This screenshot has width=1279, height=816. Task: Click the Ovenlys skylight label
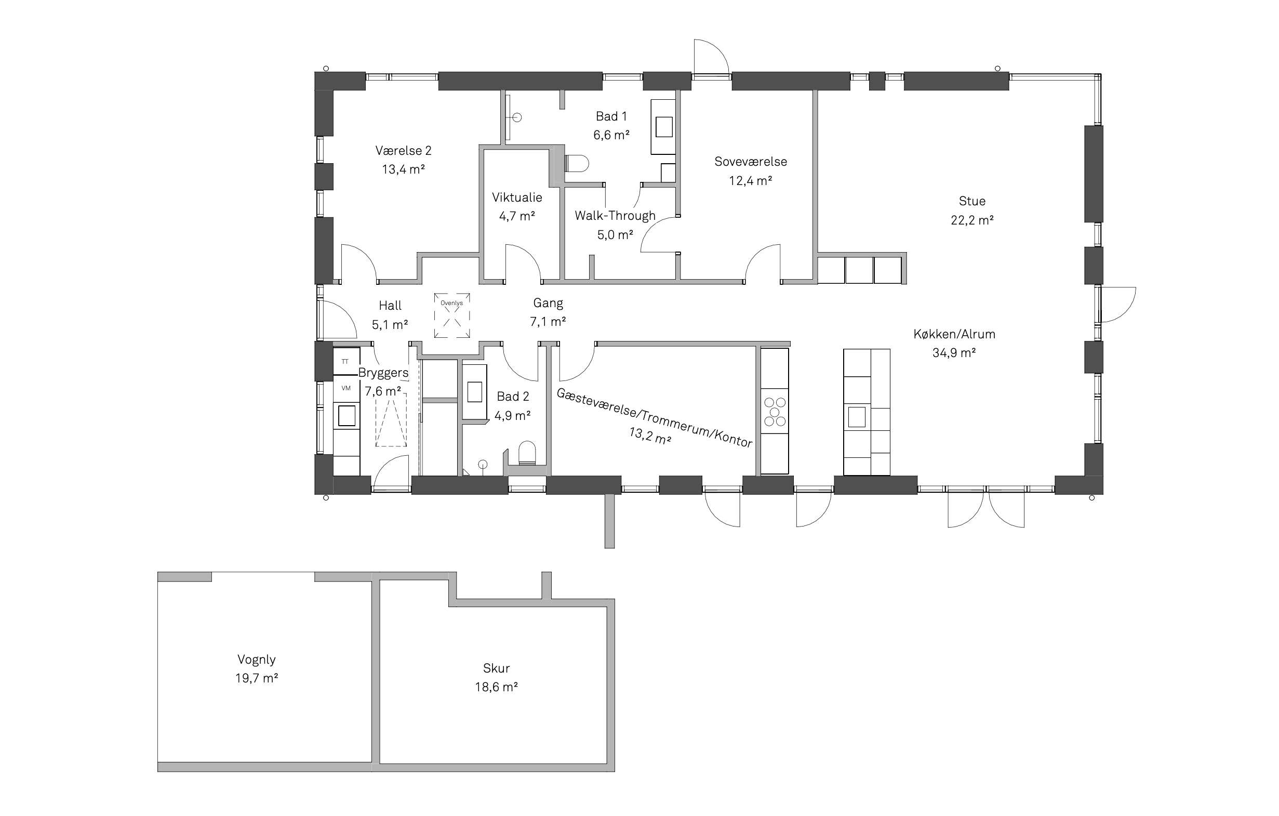(451, 303)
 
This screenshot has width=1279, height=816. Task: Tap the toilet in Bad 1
(577, 164)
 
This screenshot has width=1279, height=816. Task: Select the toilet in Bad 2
(527, 453)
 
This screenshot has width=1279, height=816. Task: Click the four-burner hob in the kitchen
(775, 412)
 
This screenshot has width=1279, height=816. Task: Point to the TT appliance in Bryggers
(346, 362)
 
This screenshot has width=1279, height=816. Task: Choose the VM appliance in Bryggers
(346, 388)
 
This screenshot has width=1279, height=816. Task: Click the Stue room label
(972, 201)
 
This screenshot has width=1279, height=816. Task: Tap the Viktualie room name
(517, 198)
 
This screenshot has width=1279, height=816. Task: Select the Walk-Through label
(615, 216)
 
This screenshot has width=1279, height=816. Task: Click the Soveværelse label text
(751, 162)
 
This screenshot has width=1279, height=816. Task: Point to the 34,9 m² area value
(954, 353)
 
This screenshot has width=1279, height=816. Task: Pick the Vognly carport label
(257, 660)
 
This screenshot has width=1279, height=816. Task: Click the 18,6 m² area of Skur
(496, 687)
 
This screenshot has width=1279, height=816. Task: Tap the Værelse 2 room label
(403, 151)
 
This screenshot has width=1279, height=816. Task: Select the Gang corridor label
(548, 304)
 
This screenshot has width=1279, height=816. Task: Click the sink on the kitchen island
(857, 417)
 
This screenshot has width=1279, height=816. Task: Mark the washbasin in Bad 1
(664, 127)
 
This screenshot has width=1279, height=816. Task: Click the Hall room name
(390, 306)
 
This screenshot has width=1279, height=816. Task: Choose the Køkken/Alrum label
(954, 334)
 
